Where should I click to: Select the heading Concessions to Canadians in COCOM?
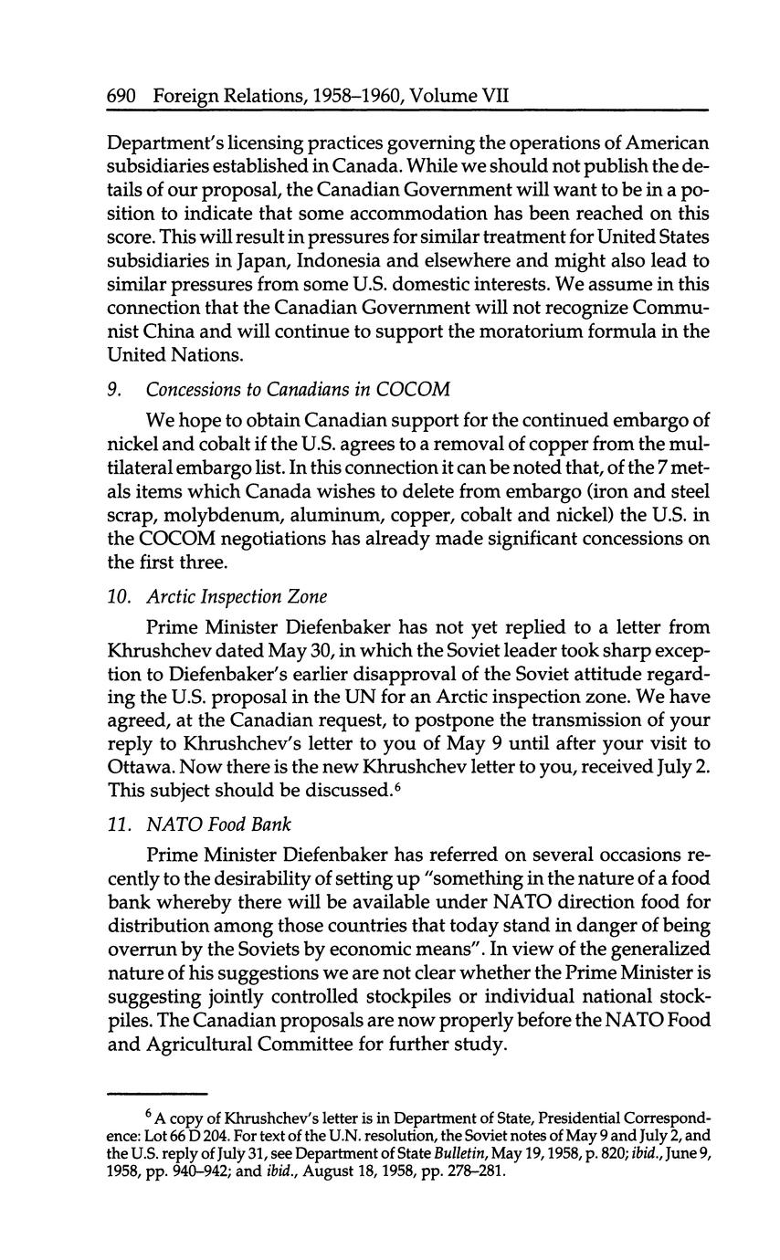(298, 389)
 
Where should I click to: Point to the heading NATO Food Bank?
(218, 824)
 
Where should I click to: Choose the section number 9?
(113, 389)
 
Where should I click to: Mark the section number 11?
(116, 824)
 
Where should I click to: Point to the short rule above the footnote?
(157, 1092)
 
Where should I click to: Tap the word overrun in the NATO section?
(143, 948)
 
